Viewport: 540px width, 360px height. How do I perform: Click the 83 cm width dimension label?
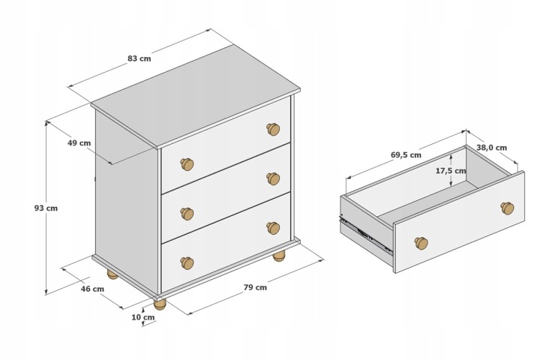pos(139,58)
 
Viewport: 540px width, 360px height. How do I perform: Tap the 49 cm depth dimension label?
pos(79,143)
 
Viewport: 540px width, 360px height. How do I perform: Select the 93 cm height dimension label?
pos(46,208)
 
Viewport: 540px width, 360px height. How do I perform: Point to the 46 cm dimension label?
pos(92,289)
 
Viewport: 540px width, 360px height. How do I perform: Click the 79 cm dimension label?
pos(255,287)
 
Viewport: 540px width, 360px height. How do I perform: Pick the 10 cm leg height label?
pos(143,317)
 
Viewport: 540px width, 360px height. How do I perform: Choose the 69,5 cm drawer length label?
pos(406,155)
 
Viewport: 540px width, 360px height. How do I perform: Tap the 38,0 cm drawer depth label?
pos(492,148)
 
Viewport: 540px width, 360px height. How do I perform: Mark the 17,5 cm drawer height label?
pos(451,170)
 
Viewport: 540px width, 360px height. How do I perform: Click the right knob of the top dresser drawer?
pos(273,129)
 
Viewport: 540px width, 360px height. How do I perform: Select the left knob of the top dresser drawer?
pos(187,164)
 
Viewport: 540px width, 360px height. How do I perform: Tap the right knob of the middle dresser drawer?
pos(273,178)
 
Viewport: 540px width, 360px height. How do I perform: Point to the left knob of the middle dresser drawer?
pos(187,214)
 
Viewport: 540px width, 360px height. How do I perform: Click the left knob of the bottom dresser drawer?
pos(187,262)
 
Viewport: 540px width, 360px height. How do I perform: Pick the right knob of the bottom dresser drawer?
pos(273,228)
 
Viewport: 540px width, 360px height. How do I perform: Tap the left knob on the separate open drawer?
pos(421,243)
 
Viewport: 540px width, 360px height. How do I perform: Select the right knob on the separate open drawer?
pos(507,208)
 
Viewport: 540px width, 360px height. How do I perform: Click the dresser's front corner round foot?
pos(160,304)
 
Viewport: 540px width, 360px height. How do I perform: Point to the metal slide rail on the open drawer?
pos(366,234)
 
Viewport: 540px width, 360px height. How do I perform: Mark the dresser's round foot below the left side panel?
pos(112,274)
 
